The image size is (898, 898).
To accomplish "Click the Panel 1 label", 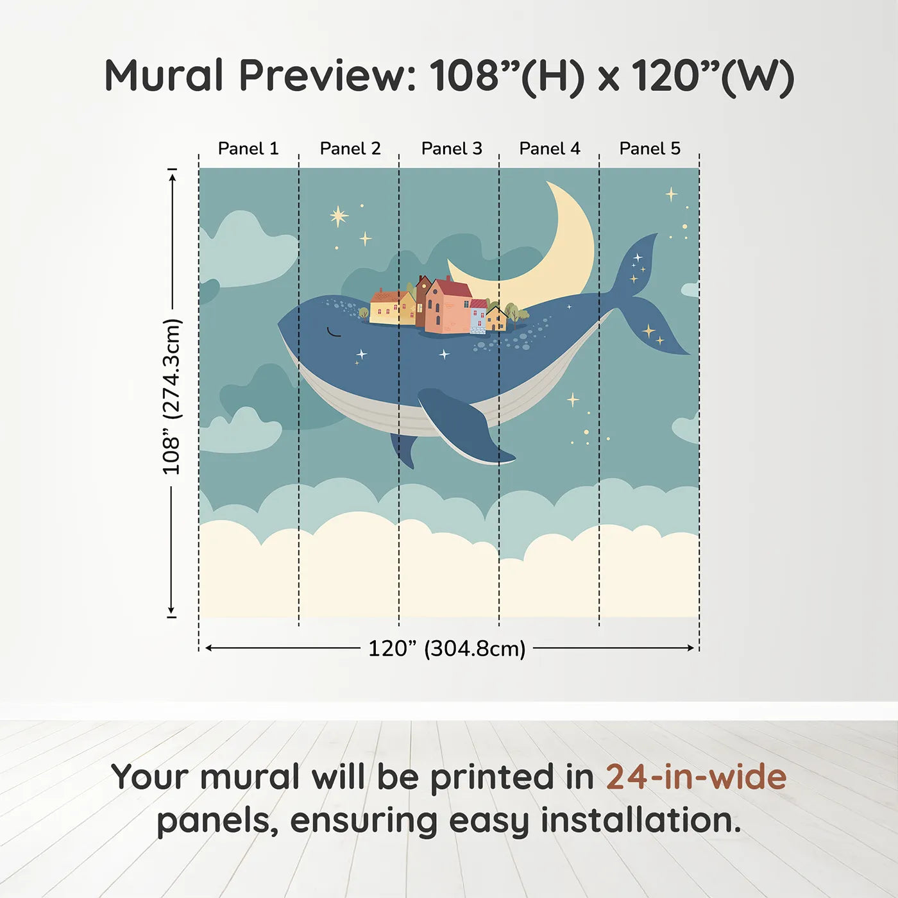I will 248,149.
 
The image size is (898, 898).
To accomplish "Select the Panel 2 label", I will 350,149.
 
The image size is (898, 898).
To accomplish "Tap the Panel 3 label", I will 452,149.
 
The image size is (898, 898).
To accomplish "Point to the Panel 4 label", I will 550,149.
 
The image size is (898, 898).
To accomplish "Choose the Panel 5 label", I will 650,149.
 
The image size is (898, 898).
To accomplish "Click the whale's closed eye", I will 333,332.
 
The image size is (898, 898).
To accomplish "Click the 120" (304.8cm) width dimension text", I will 446,648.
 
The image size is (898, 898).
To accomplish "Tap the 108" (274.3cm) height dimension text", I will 172,396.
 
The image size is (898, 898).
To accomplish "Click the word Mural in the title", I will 164,76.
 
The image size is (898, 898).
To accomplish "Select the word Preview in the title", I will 328,76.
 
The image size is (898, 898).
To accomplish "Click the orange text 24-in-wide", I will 696,777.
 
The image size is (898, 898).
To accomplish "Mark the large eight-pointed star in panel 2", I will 339,216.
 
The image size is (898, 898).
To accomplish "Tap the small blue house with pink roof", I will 478,316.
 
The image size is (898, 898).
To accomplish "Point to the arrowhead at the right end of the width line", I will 691,648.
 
